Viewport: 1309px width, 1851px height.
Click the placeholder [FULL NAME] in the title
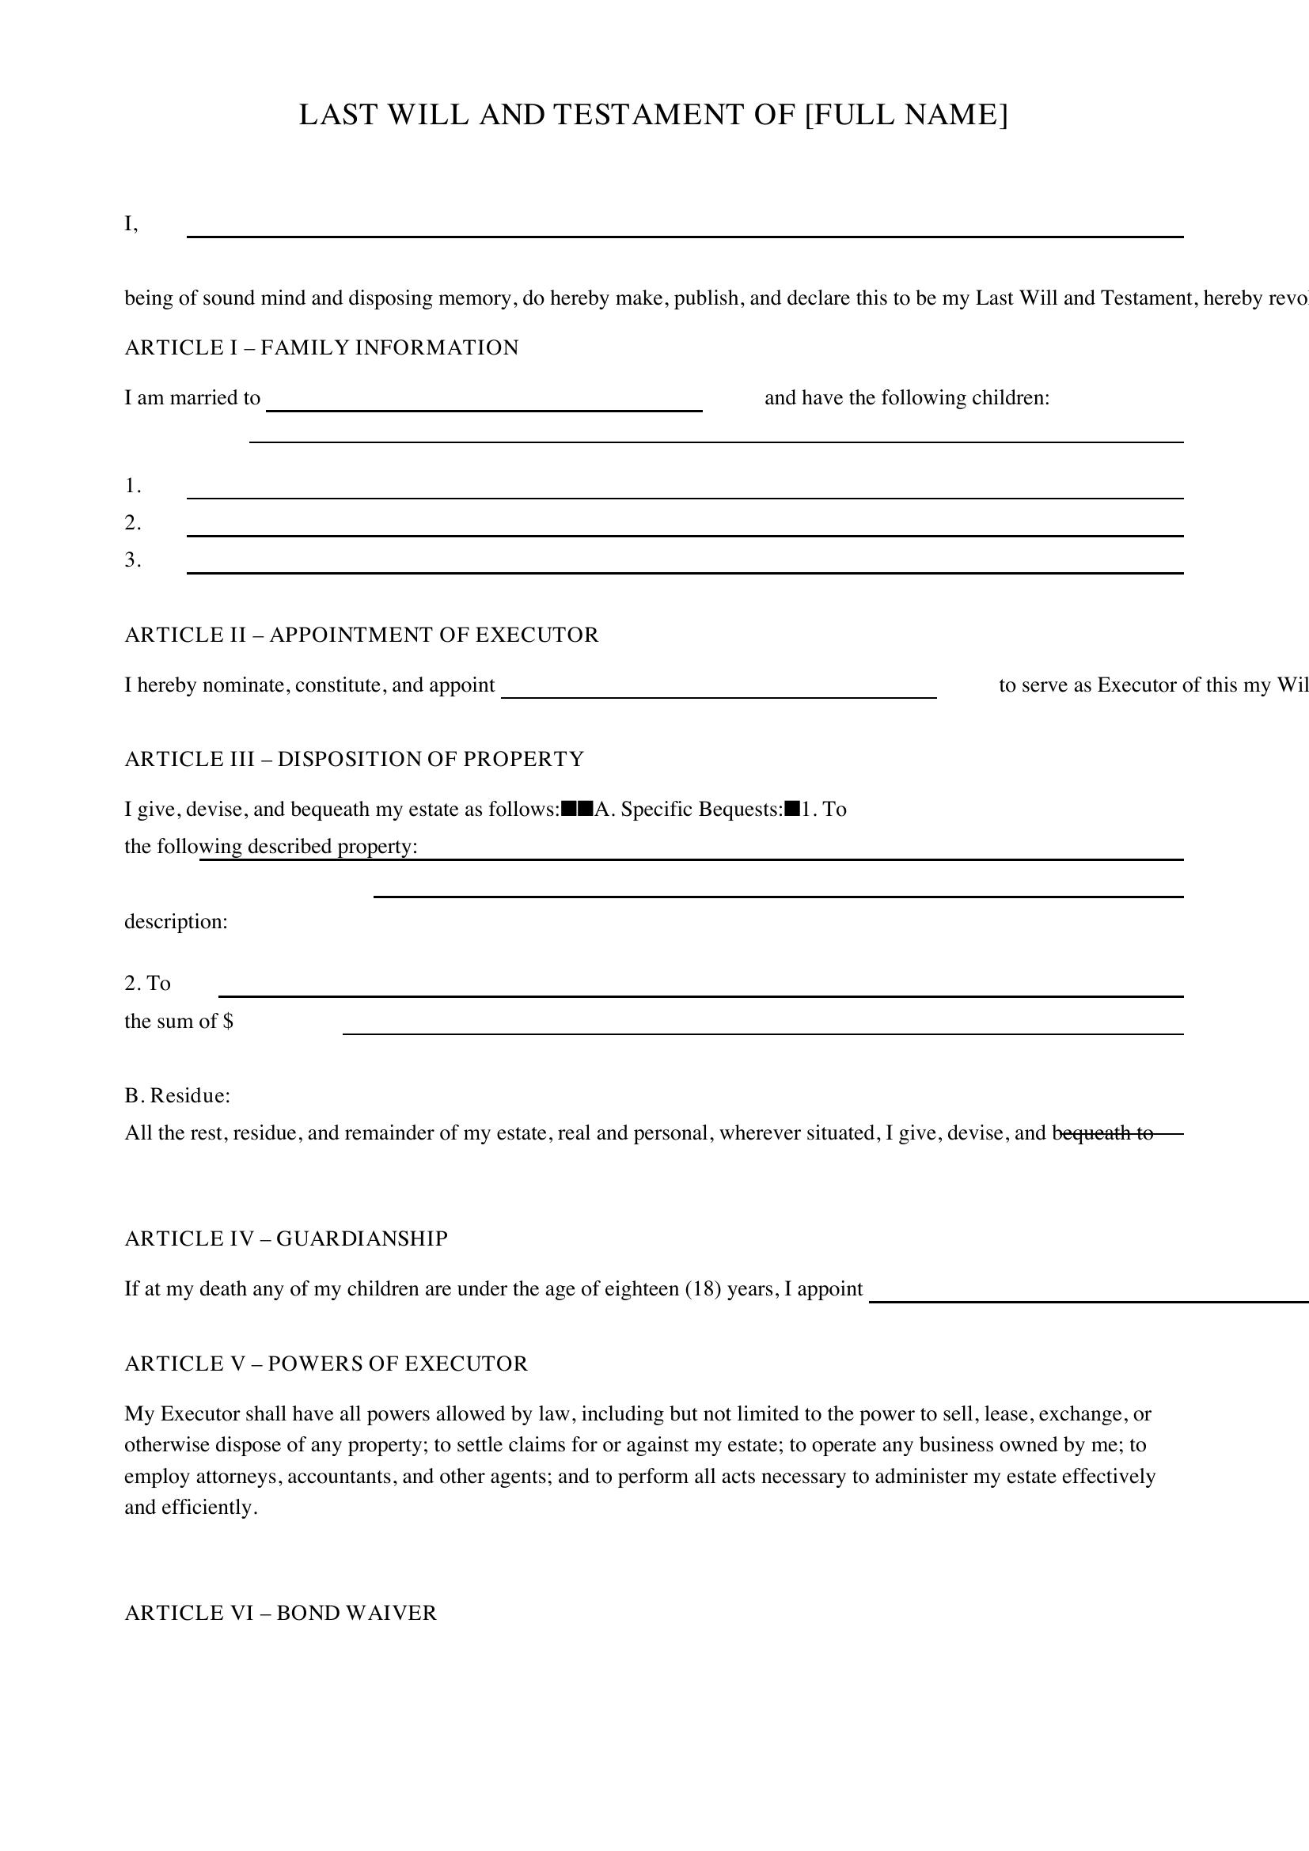[x=906, y=116]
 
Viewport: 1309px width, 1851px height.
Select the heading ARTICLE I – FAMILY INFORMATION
[x=321, y=347]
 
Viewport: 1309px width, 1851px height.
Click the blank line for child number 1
[x=685, y=491]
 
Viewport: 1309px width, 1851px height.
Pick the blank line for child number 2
[x=685, y=529]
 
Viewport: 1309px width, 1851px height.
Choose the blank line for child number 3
[x=685, y=566]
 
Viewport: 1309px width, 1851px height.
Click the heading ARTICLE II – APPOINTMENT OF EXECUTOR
[x=362, y=635]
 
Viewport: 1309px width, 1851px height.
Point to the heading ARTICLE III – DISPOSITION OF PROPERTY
[x=355, y=759]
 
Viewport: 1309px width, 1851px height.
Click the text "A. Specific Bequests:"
[x=689, y=809]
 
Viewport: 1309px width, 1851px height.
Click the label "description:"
[x=176, y=921]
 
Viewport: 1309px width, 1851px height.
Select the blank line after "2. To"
[x=700, y=990]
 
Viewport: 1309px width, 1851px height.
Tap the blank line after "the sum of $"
[x=762, y=1027]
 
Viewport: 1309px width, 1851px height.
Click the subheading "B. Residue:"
[x=177, y=1095]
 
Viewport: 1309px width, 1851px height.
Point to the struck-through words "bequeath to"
[x=1103, y=1132]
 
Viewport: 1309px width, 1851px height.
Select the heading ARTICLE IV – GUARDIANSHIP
[x=286, y=1238]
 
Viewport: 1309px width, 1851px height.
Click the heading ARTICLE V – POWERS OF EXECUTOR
[x=326, y=1364]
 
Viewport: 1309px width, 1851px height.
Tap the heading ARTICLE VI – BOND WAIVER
[x=280, y=1612]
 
